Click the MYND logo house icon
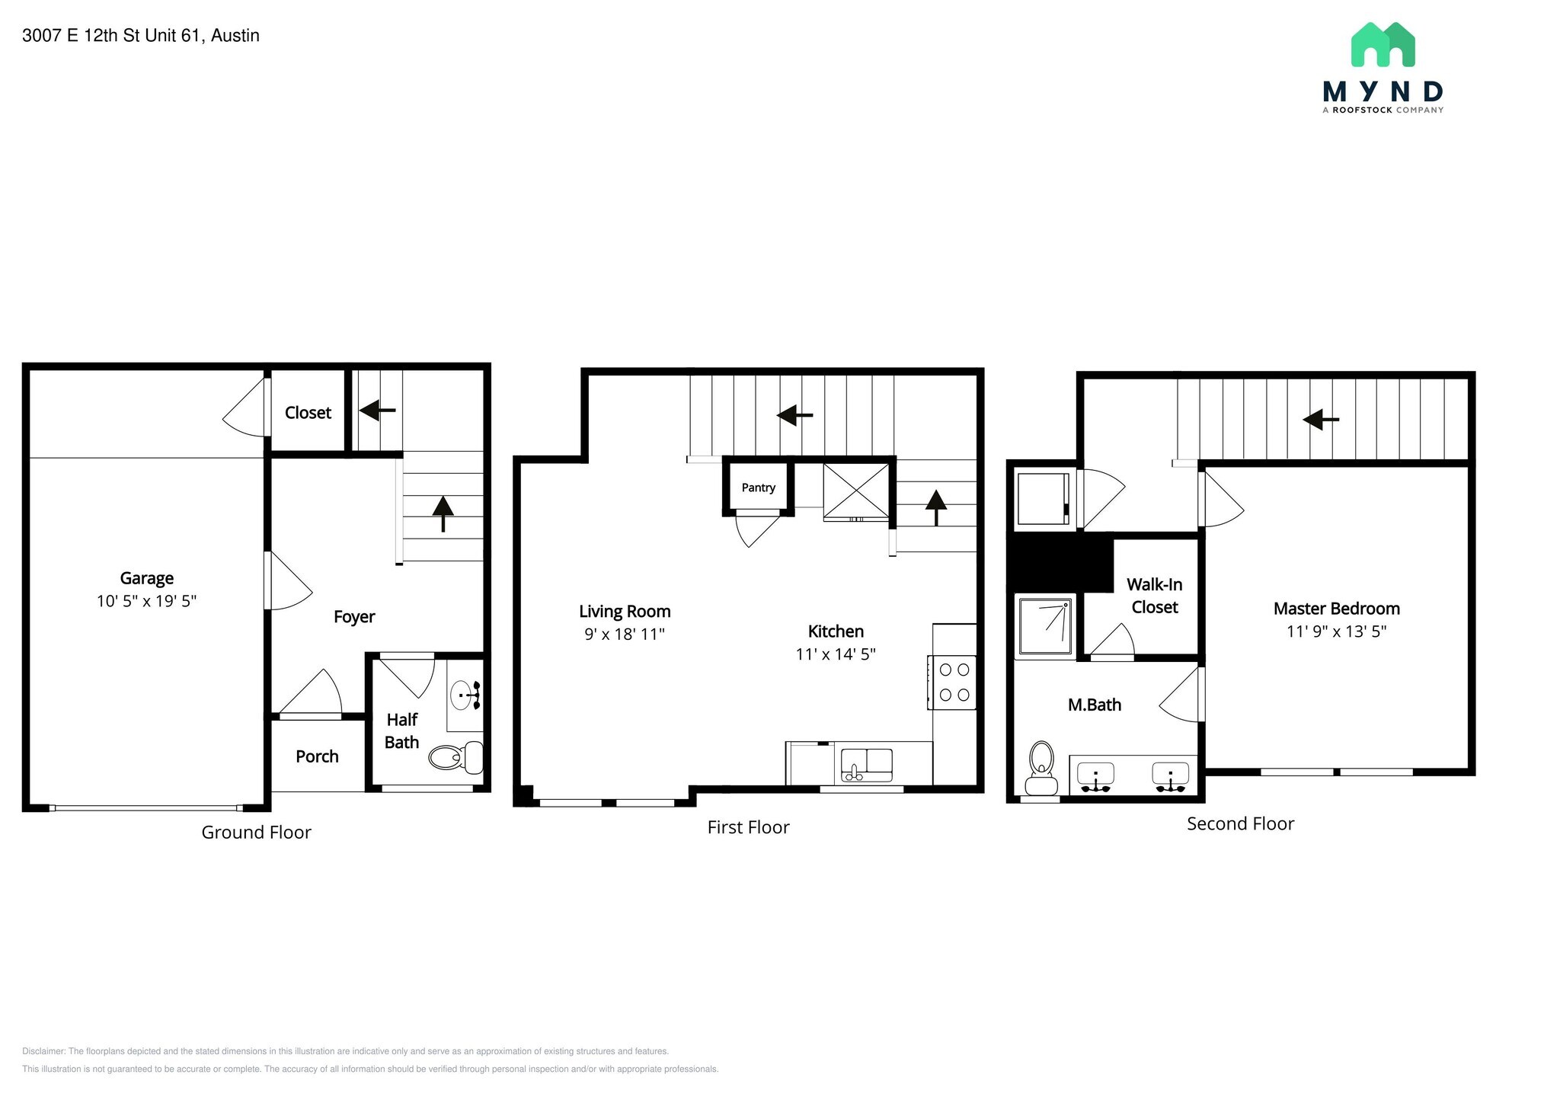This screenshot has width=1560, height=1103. coord(1383,44)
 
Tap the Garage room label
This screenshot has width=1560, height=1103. coord(147,579)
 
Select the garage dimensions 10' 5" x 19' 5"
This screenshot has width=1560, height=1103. coord(147,602)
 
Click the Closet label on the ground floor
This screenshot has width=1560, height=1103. coord(308,413)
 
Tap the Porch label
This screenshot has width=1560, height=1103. coord(317,756)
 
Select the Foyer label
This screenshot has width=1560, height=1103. coord(354,616)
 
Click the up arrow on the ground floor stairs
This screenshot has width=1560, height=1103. coord(443,513)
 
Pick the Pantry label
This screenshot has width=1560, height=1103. coord(759,488)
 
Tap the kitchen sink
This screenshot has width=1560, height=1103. coord(867,765)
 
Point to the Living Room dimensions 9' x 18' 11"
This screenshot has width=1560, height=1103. coord(625,635)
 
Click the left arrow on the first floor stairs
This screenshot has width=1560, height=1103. coord(794,415)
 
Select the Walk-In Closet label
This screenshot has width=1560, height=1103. coord(1155,596)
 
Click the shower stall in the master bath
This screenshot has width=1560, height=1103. coord(1045,627)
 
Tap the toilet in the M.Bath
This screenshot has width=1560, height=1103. coord(1041,768)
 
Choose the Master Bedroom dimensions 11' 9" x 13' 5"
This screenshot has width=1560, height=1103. coord(1337,631)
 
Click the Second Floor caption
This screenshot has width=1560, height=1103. coord(1241,823)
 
